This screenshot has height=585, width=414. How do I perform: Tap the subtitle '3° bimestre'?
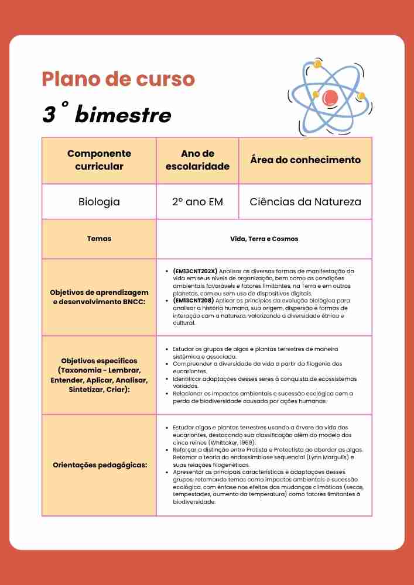[x=107, y=115]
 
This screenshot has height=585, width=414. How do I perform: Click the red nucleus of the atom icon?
[x=330, y=96]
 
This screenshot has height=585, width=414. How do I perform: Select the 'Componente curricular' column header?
[x=99, y=160]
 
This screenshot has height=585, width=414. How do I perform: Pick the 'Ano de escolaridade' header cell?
[x=197, y=160]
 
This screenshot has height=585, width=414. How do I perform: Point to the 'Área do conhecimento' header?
[x=305, y=160]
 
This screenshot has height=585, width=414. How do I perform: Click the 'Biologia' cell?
[x=99, y=202]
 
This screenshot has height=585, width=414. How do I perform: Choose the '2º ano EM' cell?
[x=197, y=202]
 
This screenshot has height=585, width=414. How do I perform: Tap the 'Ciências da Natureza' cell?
[x=305, y=202]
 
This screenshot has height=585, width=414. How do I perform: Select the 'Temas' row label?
[x=99, y=239]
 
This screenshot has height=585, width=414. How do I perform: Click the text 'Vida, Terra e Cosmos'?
[x=264, y=239]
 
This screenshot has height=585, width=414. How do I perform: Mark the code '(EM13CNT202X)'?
[x=195, y=271]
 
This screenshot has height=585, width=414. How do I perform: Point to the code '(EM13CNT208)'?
[x=194, y=301]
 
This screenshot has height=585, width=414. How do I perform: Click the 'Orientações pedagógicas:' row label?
[x=99, y=465]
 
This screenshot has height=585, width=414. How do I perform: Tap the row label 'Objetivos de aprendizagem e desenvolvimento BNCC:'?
[x=99, y=297]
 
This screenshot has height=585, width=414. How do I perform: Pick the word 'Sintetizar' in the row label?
[x=90, y=388]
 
